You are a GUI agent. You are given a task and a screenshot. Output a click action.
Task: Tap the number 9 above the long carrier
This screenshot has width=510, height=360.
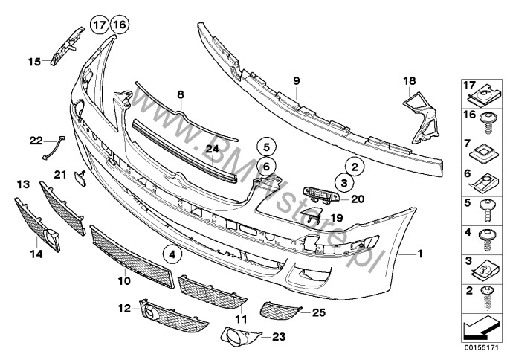[x=295, y=80]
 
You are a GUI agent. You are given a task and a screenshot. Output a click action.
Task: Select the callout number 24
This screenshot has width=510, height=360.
[x=212, y=149]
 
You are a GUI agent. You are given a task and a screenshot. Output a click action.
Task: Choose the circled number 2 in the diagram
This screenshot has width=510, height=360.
[x=355, y=168]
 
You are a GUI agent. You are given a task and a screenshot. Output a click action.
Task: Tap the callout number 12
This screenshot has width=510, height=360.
[x=123, y=307]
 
